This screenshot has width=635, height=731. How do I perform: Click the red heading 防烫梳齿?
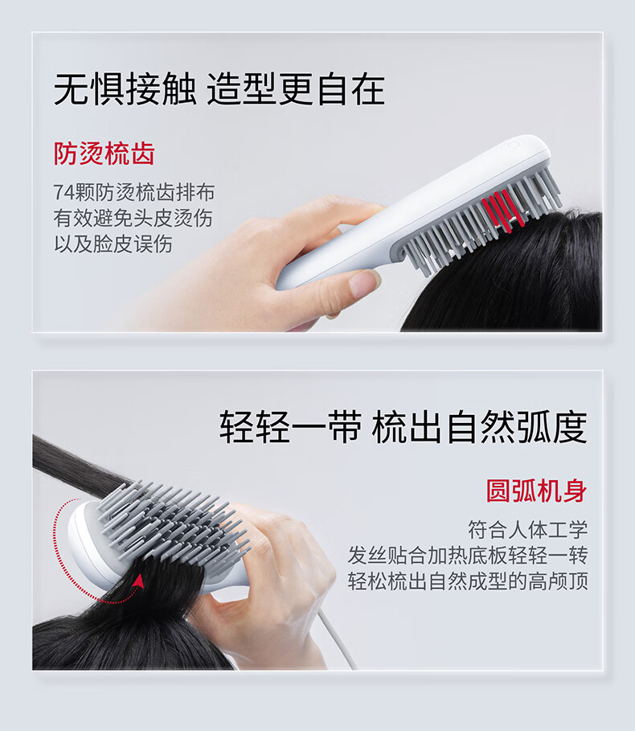pyautogui.click(x=104, y=154)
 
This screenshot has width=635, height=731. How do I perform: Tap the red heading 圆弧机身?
pyautogui.click(x=536, y=491)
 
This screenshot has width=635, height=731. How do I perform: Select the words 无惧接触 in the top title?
pyautogui.click(x=125, y=88)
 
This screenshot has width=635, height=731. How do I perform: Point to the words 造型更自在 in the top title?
pyautogui.click(x=296, y=88)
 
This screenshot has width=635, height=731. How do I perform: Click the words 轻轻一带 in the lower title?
pyautogui.click(x=291, y=427)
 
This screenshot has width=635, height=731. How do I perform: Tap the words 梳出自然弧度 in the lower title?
pyautogui.click(x=479, y=427)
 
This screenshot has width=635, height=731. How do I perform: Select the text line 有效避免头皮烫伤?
pyautogui.click(x=133, y=218)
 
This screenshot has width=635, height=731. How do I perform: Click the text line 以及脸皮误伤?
pyautogui.click(x=113, y=244)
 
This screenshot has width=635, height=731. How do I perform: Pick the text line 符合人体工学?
pyautogui.click(x=528, y=530)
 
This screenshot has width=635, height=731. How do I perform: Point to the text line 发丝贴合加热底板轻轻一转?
pyautogui.click(x=468, y=555)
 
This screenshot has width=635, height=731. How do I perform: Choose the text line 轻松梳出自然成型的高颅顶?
pyautogui.click(x=468, y=581)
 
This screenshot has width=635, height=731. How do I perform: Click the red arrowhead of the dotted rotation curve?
pyautogui.click(x=138, y=581)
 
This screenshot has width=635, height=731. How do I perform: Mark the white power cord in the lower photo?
pyautogui.click(x=336, y=638)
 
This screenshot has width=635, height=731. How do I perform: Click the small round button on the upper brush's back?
pyautogui.click(x=514, y=146)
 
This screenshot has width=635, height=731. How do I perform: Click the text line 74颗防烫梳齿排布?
pyautogui.click(x=134, y=192)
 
